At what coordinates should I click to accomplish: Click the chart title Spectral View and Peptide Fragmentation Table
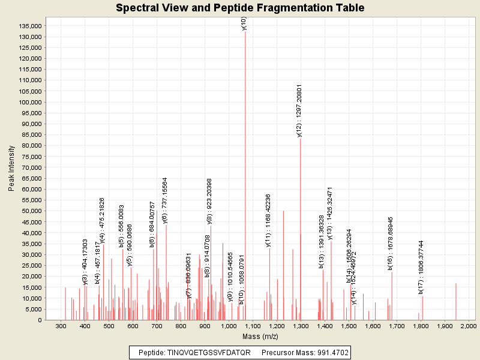point(240,8)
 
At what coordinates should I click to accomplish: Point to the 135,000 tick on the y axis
point(44,26)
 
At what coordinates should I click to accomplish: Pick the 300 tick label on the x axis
point(61,325)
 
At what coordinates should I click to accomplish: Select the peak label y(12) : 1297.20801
point(299,111)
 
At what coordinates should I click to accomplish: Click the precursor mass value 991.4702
point(328,352)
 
